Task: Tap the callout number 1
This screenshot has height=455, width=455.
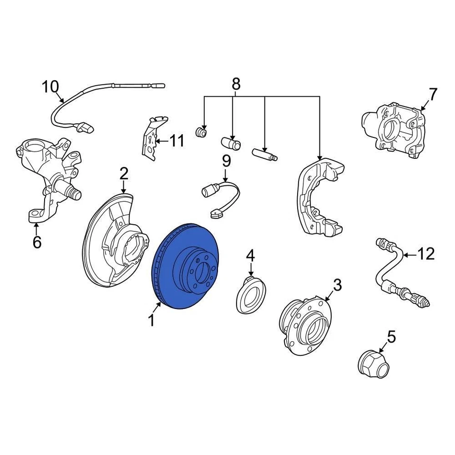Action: pos(151,321)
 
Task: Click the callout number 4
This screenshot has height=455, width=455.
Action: pos(250,256)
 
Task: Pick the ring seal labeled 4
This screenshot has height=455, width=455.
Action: pos(251,296)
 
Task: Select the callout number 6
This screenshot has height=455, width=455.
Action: pos(37,242)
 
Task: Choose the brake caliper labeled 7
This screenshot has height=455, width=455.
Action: pos(393,130)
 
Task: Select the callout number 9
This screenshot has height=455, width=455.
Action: pos(227,161)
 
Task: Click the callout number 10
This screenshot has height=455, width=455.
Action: pos(50,87)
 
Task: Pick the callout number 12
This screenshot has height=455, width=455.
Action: pos(426,255)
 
